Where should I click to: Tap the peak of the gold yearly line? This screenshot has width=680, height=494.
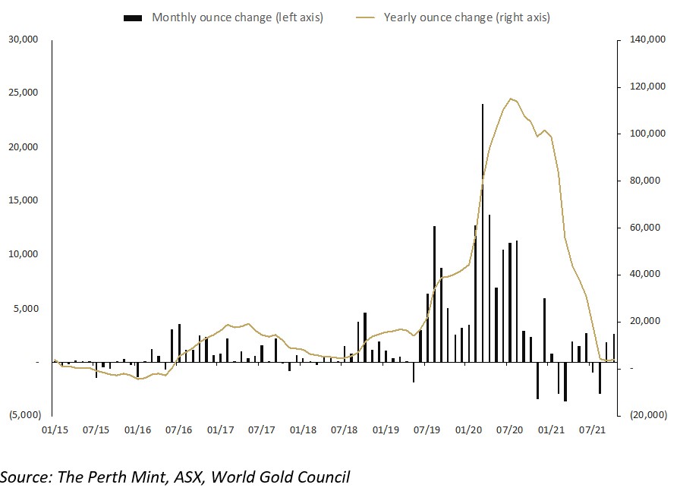(x=511, y=99)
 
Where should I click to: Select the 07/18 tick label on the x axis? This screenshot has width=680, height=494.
(x=345, y=429)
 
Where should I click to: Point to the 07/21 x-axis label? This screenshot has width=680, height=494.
(x=593, y=429)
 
